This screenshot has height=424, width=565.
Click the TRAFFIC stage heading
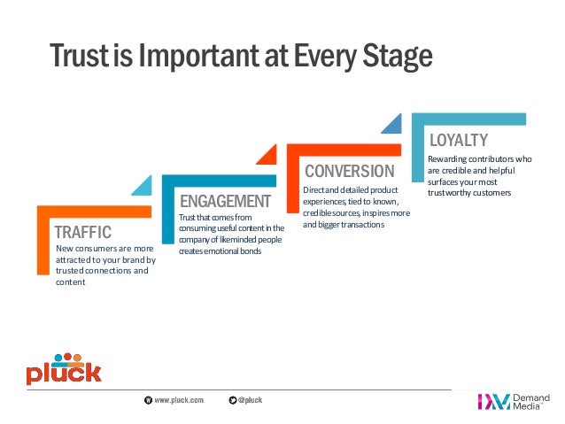[x=83, y=232]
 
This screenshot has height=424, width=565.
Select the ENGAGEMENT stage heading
[x=225, y=201]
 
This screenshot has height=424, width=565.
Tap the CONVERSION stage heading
[x=350, y=171]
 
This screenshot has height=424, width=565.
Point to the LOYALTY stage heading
[x=459, y=140]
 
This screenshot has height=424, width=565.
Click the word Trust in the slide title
[x=80, y=56]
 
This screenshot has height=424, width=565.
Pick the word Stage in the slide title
[x=398, y=57]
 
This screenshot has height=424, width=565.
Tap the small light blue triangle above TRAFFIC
[x=143, y=187]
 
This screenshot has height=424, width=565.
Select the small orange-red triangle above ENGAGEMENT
[x=268, y=156]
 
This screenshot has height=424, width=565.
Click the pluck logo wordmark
[x=64, y=373]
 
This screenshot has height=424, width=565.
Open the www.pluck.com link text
[x=179, y=400]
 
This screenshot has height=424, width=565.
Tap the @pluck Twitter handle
[x=250, y=400]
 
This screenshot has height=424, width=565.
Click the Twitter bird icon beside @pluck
[x=232, y=400]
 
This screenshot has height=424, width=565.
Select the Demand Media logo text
[x=531, y=402]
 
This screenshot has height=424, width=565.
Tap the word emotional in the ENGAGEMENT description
[x=221, y=251]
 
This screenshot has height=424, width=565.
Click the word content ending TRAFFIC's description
[x=70, y=282]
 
